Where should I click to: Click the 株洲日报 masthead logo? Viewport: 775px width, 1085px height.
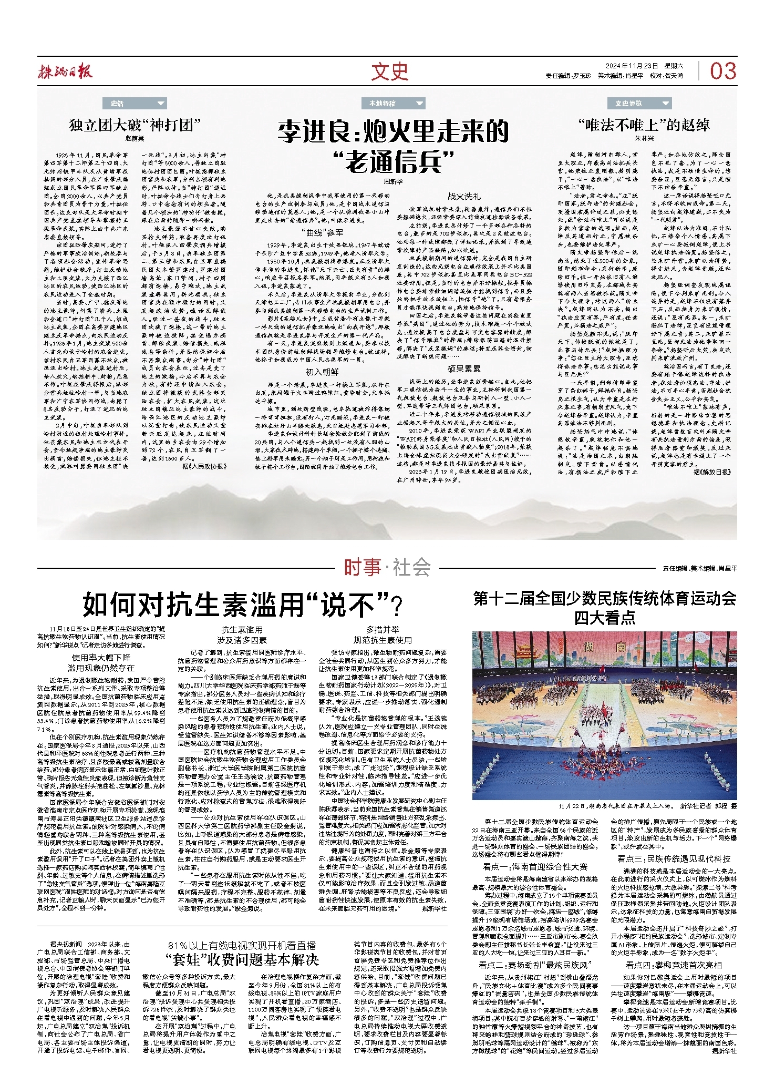pyautogui.click(x=65, y=70)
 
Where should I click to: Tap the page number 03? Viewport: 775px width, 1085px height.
pyautogui.click(x=723, y=71)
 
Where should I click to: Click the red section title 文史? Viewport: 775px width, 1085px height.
pyautogui.click(x=389, y=71)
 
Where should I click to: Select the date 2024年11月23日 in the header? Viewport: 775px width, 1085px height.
pyautogui.click(x=631, y=66)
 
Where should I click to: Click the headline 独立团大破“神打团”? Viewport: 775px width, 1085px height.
pyautogui.click(x=135, y=125)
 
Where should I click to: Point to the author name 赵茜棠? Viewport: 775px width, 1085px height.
pyautogui.click(x=135, y=139)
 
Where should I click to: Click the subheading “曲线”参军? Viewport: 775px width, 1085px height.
pyautogui.click(x=322, y=232)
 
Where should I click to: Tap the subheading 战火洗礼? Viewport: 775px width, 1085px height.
pyautogui.click(x=463, y=196)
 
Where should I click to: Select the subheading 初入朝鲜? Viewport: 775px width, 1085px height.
pyautogui.click(x=322, y=372)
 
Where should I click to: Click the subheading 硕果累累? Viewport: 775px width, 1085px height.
pyautogui.click(x=463, y=369)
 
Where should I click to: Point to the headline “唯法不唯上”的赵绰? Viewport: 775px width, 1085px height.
pyautogui.click(x=644, y=125)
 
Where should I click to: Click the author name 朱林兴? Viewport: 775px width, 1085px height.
pyautogui.click(x=645, y=138)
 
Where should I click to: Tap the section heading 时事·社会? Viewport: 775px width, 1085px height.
pyautogui.click(x=387, y=568)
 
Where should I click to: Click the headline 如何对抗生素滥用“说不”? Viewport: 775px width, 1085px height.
pyautogui.click(x=242, y=605)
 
